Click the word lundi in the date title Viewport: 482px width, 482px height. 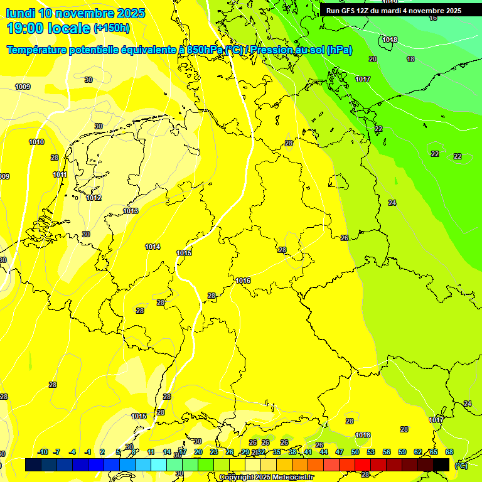pos(21,13)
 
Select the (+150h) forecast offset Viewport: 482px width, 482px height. pos(112,28)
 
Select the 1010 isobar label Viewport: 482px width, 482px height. pos(36,142)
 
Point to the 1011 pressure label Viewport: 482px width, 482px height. pos(60,175)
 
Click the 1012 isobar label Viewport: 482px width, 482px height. pos(94,198)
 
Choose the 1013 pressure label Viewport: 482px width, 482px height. pos(131,212)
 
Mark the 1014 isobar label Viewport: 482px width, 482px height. pos(153,247)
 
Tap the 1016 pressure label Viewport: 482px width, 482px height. pos(244,281)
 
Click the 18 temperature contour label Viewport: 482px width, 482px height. pos(410,59)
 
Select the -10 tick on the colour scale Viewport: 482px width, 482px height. pos(43,452)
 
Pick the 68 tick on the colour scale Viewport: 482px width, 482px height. pos(449,452)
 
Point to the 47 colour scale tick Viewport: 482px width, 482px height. pos(340,452)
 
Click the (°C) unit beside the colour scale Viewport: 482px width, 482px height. pos(461,466)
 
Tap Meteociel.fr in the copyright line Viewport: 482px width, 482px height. pos(292,477)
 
